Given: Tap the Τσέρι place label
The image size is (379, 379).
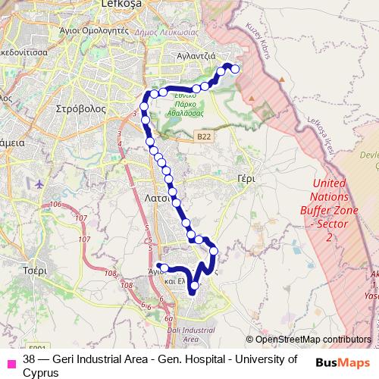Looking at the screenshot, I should click(x=35, y=269).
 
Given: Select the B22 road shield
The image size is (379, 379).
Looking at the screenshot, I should click(x=202, y=136).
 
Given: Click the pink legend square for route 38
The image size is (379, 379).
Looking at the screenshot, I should click(x=11, y=359).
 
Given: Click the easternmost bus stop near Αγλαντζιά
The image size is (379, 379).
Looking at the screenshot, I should click(x=235, y=69).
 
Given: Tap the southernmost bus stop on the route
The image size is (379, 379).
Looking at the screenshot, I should click(x=195, y=286).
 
